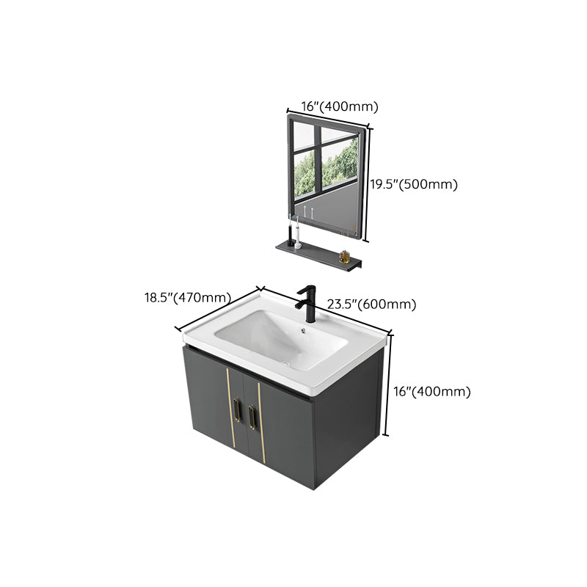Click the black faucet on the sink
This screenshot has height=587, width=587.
coord(305,299)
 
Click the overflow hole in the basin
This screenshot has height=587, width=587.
coord(302,330)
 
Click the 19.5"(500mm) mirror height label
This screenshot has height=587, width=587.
coord(413,185)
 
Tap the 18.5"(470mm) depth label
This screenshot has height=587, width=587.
coord(186,298)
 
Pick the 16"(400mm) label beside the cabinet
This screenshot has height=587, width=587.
coord(431,392)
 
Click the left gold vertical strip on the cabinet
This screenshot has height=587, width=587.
coord(227,407)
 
